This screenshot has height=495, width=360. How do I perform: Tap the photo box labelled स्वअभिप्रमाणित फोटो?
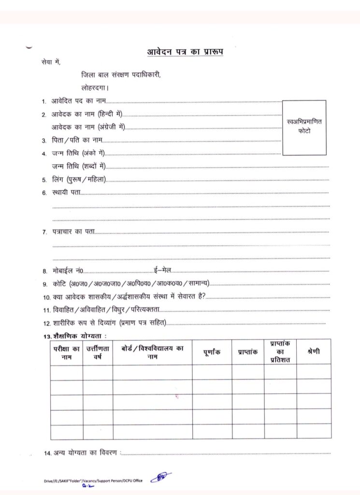pyautogui.click(x=304, y=128)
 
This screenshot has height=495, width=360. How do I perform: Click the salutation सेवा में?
pyautogui.click(x=51, y=62)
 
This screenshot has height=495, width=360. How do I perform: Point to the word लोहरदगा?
pyautogui.click(x=95, y=88)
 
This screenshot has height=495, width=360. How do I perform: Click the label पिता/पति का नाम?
pyautogui.click(x=77, y=140)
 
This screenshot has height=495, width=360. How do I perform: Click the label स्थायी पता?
pyautogui.click(x=66, y=193)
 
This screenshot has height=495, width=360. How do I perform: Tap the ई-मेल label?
pyautogui.click(x=162, y=270)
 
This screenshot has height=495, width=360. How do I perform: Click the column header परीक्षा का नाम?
pyautogui.click(x=67, y=352)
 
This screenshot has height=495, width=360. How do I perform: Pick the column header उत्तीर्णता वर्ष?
pyautogui.click(x=98, y=352)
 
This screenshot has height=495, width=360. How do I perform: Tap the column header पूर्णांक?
pyautogui.click(x=212, y=352)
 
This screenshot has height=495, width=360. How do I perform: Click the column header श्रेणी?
pyautogui.click(x=313, y=351)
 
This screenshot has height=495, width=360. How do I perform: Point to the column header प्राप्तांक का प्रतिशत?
pyautogui.click(x=280, y=352)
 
